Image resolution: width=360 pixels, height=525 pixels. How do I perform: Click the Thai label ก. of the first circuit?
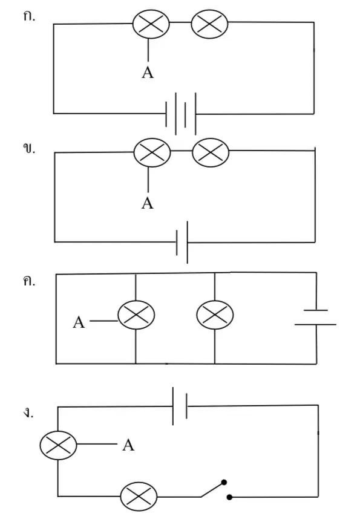point(29,16)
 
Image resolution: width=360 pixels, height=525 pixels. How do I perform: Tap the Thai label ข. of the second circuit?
point(29,148)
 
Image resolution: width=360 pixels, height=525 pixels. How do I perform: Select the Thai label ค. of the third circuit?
point(29,281)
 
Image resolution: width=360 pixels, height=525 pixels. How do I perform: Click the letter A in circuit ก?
point(148,73)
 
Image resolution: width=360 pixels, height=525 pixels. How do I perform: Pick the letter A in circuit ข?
point(148,203)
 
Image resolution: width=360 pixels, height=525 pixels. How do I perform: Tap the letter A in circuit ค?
point(79,322)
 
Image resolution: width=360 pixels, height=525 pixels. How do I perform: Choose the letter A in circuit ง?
point(128,445)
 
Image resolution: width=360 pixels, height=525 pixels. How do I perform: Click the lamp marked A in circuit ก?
point(151,24)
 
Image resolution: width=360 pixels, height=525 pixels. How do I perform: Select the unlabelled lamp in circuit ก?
point(209,24)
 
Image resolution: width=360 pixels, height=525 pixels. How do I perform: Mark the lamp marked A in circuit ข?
point(152,152)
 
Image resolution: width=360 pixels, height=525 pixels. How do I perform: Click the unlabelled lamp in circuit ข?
point(211,152)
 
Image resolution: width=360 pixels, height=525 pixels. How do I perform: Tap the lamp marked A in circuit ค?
point(136,315)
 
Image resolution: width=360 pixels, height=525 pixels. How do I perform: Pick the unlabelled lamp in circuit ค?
point(215,315)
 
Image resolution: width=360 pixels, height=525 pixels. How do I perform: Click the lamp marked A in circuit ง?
point(58,445)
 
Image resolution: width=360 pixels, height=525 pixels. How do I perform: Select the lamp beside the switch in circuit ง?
point(139,497)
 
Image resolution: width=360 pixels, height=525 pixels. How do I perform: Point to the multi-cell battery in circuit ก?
point(181,114)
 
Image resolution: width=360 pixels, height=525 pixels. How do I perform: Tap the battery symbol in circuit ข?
point(182,242)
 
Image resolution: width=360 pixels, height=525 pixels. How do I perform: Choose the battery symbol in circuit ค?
point(315,318)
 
